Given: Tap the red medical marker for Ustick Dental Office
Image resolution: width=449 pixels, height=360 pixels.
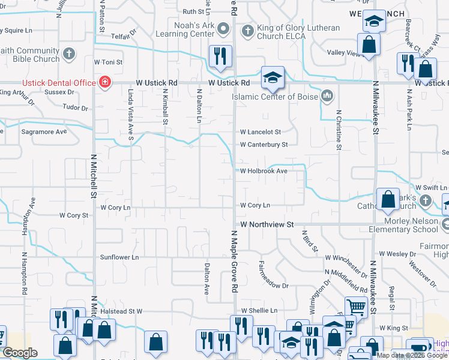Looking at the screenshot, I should (x=106, y=82).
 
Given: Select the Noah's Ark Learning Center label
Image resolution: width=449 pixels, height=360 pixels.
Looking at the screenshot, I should (x=186, y=30).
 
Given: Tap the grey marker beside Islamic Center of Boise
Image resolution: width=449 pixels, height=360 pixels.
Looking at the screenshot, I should (x=327, y=95).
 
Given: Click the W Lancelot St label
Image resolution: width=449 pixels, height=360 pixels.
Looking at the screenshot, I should (x=261, y=131).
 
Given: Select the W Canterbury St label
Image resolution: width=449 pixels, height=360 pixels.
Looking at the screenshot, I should (x=264, y=145).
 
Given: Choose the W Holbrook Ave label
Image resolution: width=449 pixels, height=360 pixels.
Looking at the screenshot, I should (x=264, y=170).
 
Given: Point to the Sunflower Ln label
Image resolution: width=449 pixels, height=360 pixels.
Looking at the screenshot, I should (x=119, y=257).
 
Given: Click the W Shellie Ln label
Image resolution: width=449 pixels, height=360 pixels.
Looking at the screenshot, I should (x=259, y=310).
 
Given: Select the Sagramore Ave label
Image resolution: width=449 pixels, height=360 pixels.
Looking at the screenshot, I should (x=44, y=131).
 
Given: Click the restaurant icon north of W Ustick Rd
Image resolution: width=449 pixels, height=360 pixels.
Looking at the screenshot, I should (x=220, y=56).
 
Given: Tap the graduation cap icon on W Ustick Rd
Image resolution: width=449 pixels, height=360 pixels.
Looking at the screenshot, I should (x=273, y=77).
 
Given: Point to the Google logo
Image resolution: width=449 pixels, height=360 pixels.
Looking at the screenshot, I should (x=20, y=353).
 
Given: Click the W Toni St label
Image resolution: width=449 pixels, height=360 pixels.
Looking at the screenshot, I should (x=109, y=62).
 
